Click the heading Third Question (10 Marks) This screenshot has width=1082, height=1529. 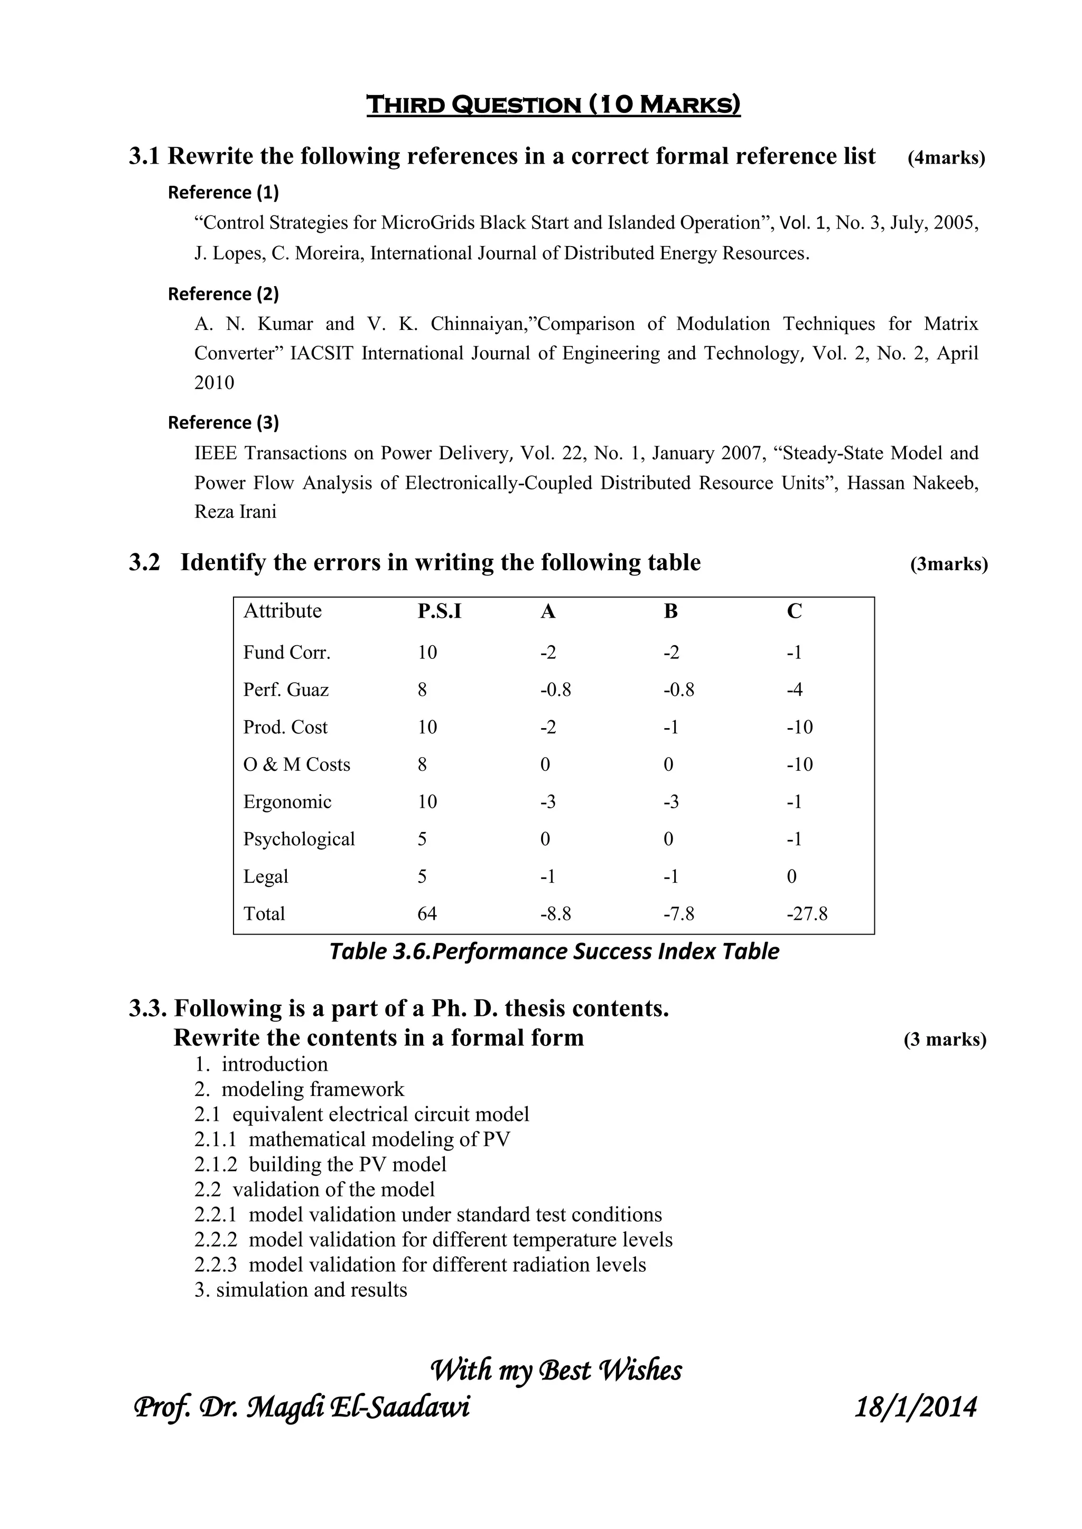(x=553, y=105)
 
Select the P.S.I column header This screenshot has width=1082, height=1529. (x=439, y=611)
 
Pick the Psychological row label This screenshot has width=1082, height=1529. (x=299, y=838)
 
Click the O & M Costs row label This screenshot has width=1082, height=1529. (x=296, y=764)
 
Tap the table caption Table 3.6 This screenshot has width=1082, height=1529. (x=554, y=951)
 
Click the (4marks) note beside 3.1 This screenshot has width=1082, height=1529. (x=946, y=158)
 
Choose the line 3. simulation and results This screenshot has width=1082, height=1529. (x=301, y=1289)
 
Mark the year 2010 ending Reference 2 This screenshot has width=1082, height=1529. (x=214, y=382)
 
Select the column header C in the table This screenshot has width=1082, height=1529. (x=794, y=611)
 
